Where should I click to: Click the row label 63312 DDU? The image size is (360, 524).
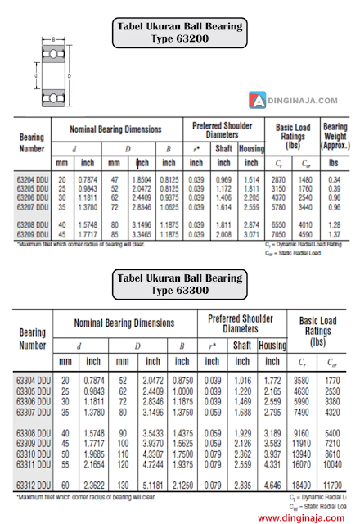point(34,486)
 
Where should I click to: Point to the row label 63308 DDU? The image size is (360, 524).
point(34,432)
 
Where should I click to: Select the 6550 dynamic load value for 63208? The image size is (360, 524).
point(280,224)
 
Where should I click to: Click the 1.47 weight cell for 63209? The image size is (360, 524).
point(334,233)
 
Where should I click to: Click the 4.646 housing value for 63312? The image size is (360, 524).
point(272,486)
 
